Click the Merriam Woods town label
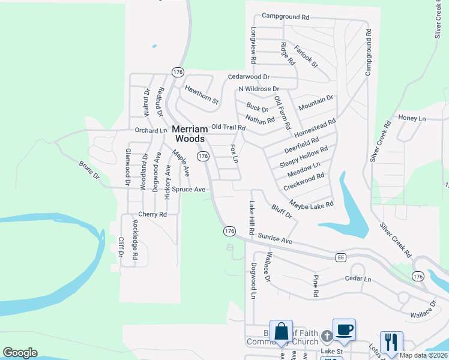pos(190,133)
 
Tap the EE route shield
pos(341,257)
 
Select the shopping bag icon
pos(281,331)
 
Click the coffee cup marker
pos(344,329)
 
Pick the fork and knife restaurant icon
pos(391,342)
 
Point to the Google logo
pos(20,353)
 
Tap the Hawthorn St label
pos(202,95)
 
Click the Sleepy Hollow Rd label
pos(304,157)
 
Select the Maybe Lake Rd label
pos(311,205)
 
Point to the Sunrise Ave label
pos(274,239)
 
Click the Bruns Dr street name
pos(88,170)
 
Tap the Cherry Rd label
pos(151,214)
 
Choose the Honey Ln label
pos(411,119)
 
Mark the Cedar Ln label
pos(358,279)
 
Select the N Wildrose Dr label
pos(259,89)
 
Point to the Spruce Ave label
pos(188,189)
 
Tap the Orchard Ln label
pos(150,130)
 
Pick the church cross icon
pos(327,336)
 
